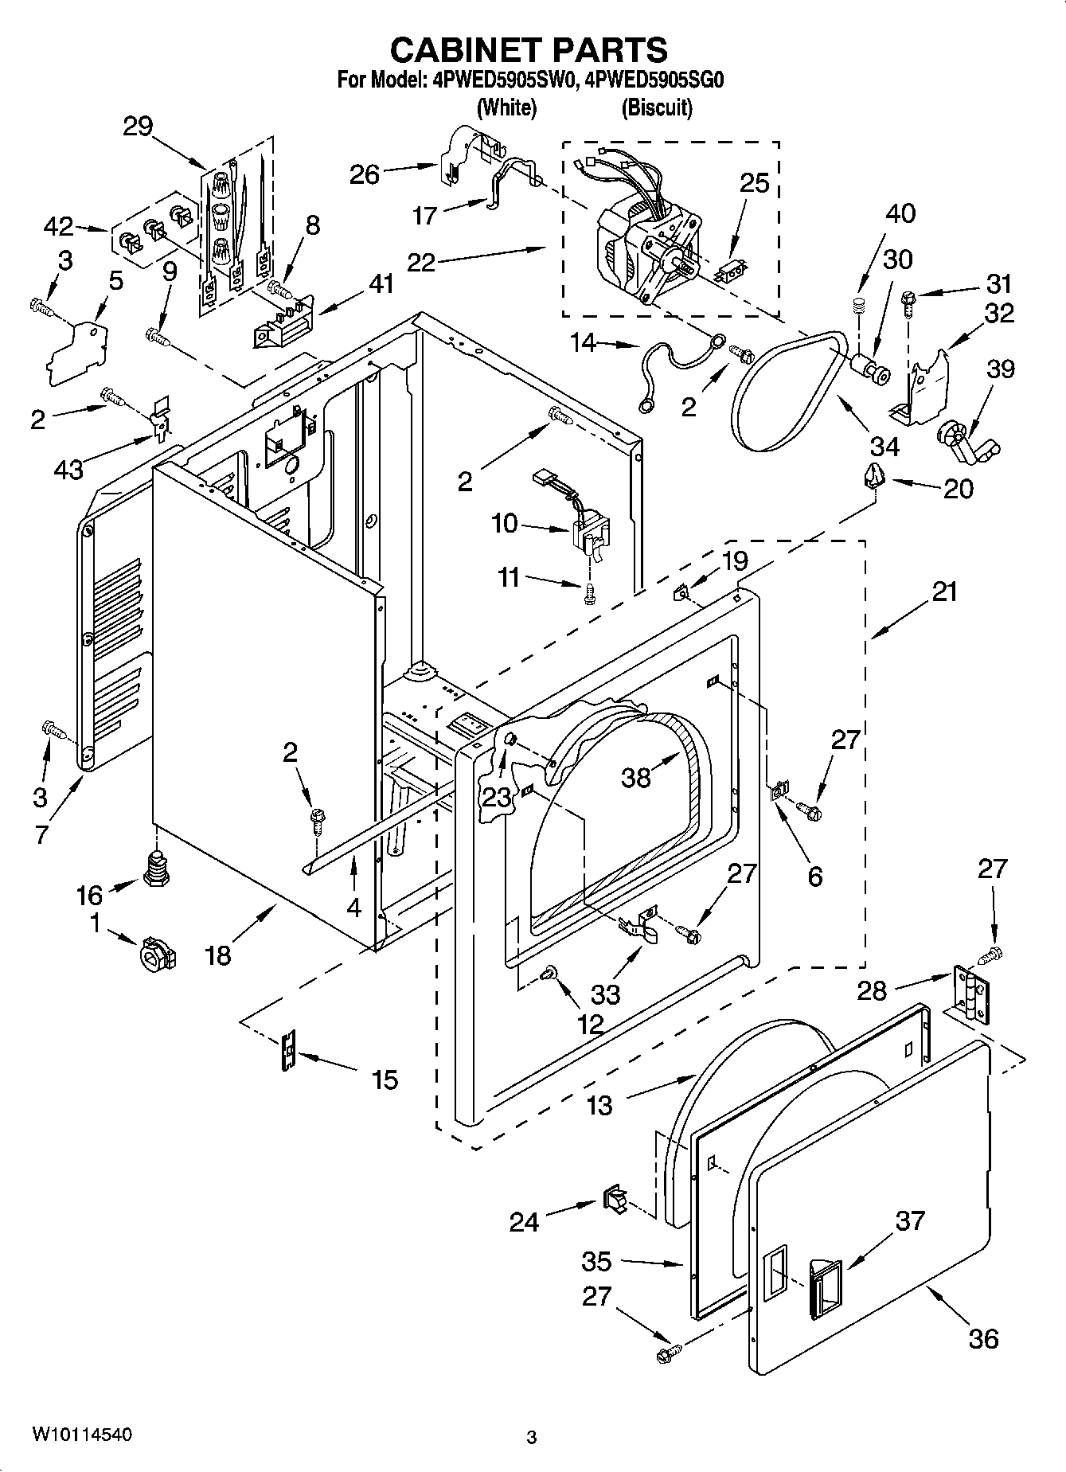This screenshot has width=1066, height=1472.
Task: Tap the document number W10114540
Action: pyautogui.click(x=82, y=1434)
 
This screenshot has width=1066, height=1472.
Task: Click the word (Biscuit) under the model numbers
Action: pyautogui.click(x=657, y=107)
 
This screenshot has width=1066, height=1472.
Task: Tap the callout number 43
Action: pyautogui.click(x=69, y=470)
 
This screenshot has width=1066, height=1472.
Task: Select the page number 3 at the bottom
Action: pyautogui.click(x=532, y=1437)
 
